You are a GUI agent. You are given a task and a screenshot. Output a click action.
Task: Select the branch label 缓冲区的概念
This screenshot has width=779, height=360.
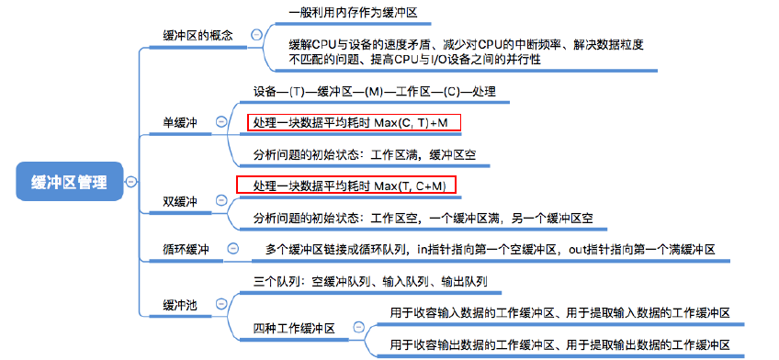(x=197, y=35)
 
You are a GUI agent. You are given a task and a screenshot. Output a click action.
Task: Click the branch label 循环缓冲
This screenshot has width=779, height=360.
(x=186, y=249)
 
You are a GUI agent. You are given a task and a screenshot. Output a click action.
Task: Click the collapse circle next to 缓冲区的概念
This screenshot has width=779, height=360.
(x=256, y=35)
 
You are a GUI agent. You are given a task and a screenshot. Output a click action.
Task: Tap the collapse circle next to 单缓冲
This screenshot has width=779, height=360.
(x=221, y=121)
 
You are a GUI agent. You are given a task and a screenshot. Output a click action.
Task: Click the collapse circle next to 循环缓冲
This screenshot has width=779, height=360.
(x=233, y=249)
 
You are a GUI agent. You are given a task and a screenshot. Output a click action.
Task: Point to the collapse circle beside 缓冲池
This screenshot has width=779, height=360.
(x=221, y=304)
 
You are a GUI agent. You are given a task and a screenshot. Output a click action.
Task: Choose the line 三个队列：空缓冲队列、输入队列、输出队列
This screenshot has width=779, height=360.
(x=370, y=281)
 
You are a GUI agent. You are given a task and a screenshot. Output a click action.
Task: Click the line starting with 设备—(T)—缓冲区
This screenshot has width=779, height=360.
(x=374, y=92)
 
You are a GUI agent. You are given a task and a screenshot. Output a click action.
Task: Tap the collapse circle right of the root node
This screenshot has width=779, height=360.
(x=131, y=182)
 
